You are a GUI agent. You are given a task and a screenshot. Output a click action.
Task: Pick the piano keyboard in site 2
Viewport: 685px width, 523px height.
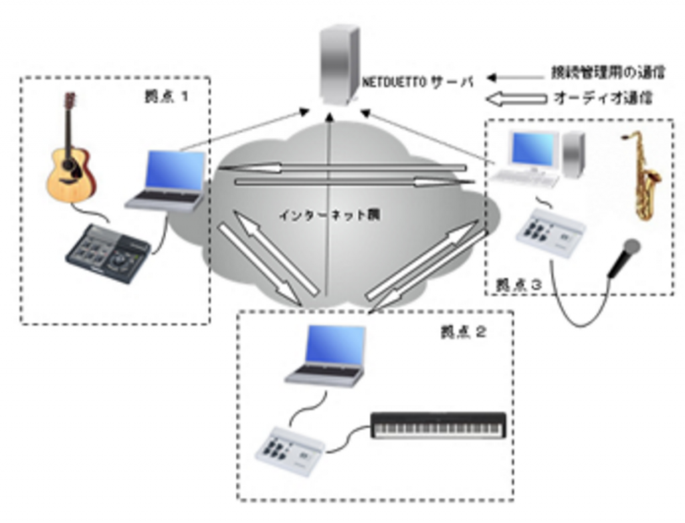coord(438,425)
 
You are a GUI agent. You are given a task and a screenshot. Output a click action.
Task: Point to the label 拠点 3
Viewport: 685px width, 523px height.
coord(518,284)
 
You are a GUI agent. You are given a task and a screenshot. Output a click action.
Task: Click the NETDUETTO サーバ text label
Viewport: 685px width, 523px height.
coord(419,82)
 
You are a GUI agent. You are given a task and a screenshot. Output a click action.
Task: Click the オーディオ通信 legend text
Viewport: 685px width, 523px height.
coord(603,98)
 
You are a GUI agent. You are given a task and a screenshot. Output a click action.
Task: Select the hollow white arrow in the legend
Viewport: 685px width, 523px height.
coord(514,99)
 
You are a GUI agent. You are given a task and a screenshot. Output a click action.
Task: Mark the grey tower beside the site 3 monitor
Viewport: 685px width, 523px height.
coord(573,154)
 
